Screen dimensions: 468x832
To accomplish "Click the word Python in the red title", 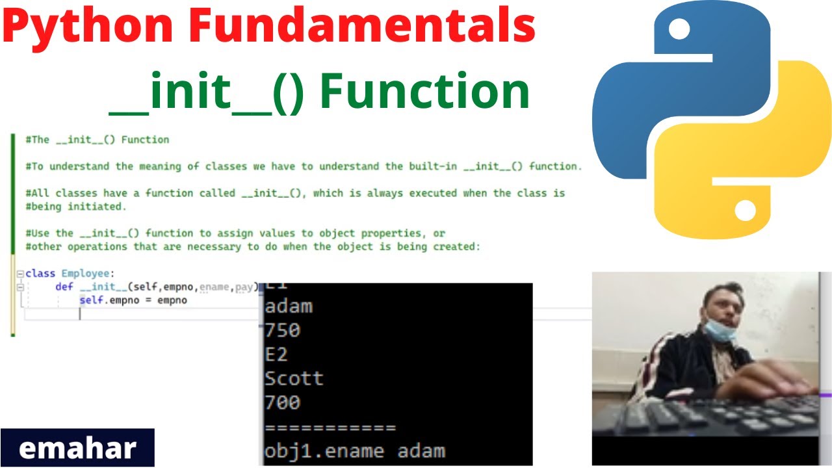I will click(x=88, y=27).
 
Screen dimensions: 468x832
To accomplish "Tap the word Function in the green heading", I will click(x=425, y=92).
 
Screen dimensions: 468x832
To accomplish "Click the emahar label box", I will click(x=77, y=448).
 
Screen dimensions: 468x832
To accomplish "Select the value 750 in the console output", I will click(x=283, y=330).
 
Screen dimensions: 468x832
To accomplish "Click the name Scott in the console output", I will click(x=294, y=378).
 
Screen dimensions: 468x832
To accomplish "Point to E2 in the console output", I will click(x=276, y=354).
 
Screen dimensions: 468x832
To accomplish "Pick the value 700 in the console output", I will click(x=283, y=402).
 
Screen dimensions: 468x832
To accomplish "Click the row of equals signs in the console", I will click(x=330, y=428).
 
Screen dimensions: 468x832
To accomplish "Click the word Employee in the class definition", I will click(x=86, y=274).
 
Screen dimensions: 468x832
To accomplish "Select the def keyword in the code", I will click(x=64, y=287).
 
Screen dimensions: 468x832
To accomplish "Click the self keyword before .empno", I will click(x=90, y=300).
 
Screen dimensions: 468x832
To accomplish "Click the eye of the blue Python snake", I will click(x=679, y=27).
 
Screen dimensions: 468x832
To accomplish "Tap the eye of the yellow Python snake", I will click(x=745, y=209).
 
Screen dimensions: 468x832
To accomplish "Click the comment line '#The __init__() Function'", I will click(x=97, y=140).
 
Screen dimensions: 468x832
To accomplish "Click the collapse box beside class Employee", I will click(x=20, y=274).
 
